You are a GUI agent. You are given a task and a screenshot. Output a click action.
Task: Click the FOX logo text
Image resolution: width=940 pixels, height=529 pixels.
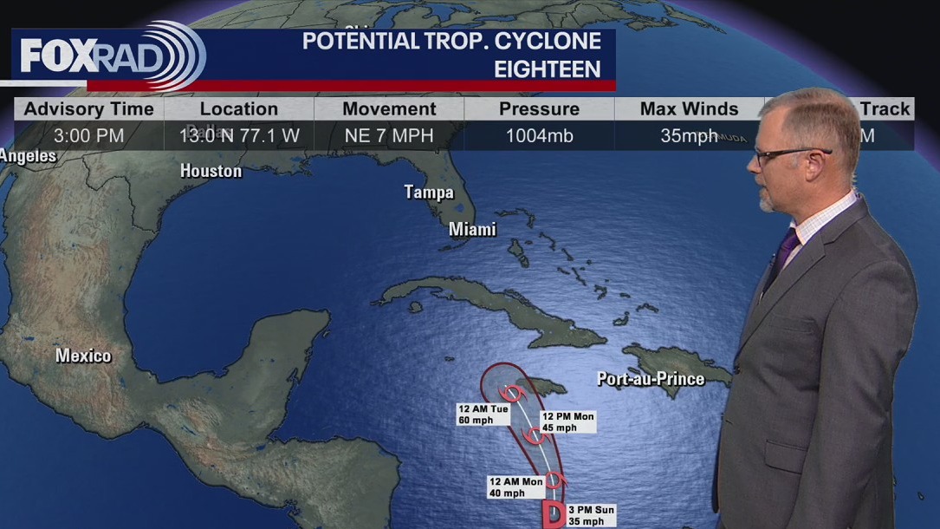click(54, 56)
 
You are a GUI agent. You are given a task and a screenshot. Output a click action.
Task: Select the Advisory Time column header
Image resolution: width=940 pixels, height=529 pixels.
click(88, 109)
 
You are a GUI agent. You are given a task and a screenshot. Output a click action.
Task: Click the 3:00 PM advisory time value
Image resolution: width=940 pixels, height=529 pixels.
click(88, 135)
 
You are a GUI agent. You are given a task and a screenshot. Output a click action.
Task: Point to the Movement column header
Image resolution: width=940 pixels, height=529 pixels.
click(389, 109)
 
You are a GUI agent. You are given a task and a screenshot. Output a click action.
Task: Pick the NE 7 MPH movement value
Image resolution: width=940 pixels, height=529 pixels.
click(389, 135)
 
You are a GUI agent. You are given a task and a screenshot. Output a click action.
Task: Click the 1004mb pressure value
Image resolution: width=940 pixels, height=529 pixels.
click(539, 135)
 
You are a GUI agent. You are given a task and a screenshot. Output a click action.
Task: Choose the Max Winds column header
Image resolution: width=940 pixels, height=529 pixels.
click(689, 109)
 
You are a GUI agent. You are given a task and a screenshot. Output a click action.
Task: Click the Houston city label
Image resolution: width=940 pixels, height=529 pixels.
click(211, 171)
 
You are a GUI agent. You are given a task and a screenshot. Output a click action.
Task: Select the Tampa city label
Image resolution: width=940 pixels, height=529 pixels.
click(429, 193)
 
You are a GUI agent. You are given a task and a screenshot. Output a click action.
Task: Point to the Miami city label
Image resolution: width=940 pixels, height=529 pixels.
click(472, 230)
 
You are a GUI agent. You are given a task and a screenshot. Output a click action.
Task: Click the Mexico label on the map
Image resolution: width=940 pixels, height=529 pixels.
click(83, 356)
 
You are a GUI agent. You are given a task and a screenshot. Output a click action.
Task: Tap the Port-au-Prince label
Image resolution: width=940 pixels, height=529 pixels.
click(651, 379)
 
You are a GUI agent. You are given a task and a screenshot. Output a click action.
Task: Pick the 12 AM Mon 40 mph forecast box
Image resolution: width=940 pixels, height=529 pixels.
click(515, 487)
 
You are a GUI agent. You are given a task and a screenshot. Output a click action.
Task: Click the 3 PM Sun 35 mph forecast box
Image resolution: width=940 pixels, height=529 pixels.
click(592, 515)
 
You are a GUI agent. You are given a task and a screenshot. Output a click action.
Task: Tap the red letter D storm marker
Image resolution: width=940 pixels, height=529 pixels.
click(553, 515)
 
